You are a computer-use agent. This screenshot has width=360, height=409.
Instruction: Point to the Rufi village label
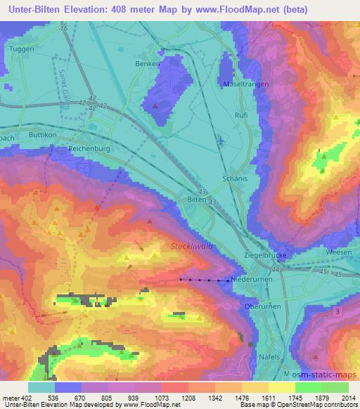click(241, 115)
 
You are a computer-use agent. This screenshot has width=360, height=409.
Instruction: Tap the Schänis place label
click(234, 178)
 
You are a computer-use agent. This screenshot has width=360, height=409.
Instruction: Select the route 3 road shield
click(338, 311)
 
